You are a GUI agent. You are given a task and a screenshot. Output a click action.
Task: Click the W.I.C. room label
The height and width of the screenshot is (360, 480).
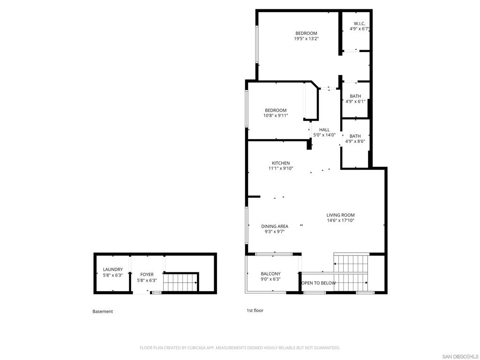[360, 23]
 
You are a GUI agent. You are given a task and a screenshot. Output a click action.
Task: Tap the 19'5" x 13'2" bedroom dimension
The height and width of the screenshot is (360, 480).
[306, 38]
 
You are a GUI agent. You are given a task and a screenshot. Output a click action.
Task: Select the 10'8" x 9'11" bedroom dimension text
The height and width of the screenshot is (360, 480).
[276, 115]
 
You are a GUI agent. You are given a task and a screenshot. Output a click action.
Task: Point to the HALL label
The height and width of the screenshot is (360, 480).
[324, 129]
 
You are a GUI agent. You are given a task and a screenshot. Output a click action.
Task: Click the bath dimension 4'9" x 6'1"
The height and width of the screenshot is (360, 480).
[355, 101]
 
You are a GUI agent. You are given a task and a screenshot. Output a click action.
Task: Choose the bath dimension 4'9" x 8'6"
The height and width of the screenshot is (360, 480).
[355, 141]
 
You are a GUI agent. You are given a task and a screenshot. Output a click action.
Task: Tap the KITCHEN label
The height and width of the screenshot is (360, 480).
[281, 163]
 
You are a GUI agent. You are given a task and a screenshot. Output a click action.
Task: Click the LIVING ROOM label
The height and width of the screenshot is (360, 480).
[340, 215]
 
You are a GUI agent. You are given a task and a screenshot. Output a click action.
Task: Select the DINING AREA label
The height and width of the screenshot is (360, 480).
[275, 226]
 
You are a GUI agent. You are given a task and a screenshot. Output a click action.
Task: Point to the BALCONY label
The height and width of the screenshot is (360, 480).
[270, 274]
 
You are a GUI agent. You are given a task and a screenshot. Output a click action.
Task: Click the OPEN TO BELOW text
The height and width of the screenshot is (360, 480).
[319, 283]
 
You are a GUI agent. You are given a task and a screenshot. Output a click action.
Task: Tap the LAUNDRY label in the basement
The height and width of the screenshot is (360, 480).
[112, 270]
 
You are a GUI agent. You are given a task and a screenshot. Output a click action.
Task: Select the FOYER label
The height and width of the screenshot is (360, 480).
[147, 275]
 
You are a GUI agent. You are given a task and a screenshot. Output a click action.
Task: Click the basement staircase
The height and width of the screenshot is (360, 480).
[180, 282]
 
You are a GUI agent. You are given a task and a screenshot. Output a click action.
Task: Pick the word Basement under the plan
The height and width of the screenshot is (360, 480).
[103, 311]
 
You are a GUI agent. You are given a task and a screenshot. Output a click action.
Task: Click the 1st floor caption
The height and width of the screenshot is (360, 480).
[255, 310]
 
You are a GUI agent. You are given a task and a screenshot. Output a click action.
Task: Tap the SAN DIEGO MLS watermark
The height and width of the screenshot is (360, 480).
[460, 356]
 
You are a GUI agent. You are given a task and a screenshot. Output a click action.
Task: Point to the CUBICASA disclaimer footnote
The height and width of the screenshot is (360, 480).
[240, 348]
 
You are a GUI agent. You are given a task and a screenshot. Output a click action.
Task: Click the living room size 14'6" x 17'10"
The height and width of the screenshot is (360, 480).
[340, 220]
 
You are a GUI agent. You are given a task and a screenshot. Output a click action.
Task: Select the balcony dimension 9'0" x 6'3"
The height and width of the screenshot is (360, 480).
[270, 279]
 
